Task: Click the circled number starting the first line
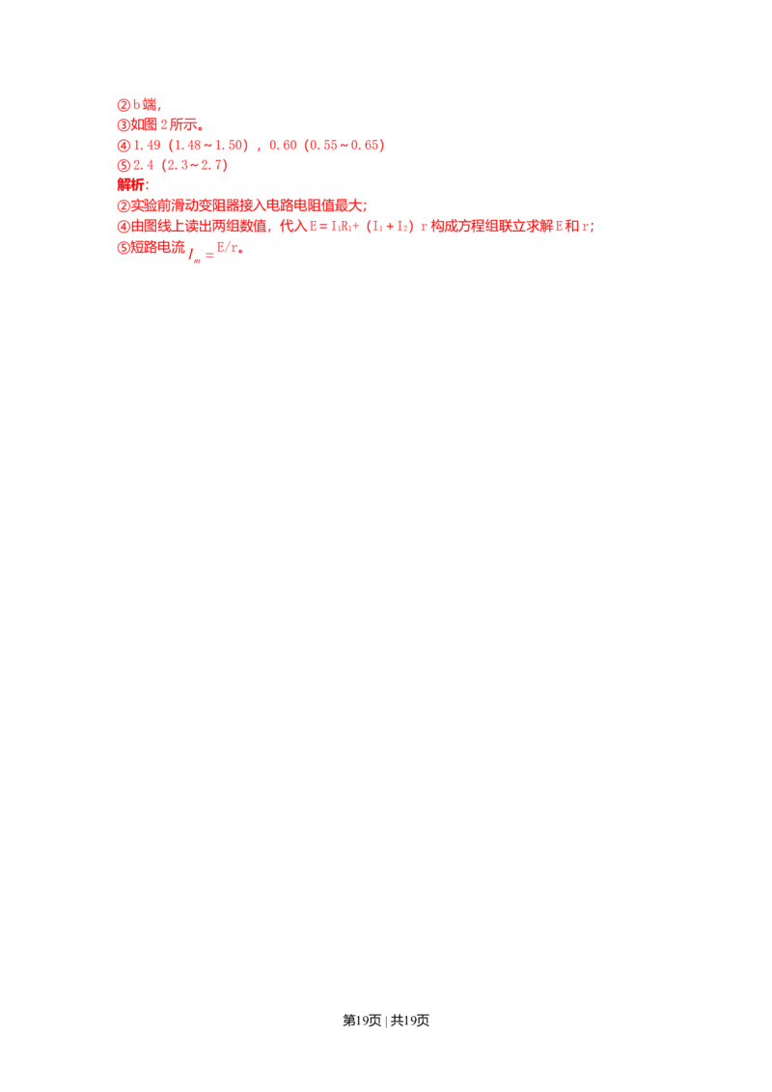[x=122, y=103]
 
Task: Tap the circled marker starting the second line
[x=122, y=124]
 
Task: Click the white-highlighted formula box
[x=201, y=256]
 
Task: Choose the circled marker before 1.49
[x=122, y=146]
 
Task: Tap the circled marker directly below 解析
[x=122, y=206]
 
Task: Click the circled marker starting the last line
[x=122, y=248]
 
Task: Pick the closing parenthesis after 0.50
[x=382, y=146]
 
